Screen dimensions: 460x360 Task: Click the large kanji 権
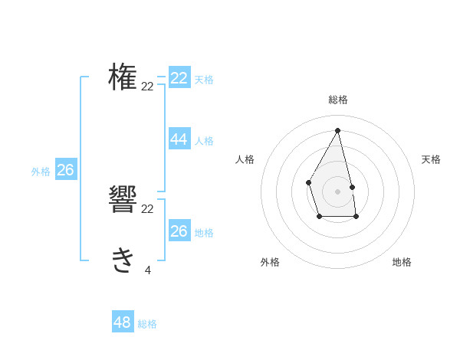(123, 77)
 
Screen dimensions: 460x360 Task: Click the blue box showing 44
(179, 139)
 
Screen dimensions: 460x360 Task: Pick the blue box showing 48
(123, 322)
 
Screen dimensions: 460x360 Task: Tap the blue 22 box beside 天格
(179, 78)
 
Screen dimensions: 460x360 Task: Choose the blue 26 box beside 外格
(65, 170)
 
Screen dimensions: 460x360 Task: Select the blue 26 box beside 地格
(179, 231)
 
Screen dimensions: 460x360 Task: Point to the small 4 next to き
(147, 270)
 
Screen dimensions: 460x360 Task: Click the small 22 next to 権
(147, 87)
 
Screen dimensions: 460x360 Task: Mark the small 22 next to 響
(147, 209)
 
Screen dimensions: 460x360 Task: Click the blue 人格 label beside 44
(204, 141)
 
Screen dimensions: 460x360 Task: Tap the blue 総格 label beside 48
(147, 325)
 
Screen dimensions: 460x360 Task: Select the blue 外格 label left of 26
(41, 172)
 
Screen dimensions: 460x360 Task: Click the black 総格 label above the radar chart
(337, 100)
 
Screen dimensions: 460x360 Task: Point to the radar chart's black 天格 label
(431, 159)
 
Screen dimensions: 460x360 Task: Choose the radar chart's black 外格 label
(270, 262)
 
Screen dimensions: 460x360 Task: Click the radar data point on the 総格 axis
(337, 130)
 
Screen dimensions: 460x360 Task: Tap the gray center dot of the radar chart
(337, 190)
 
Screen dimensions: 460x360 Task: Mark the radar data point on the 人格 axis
(308, 182)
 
